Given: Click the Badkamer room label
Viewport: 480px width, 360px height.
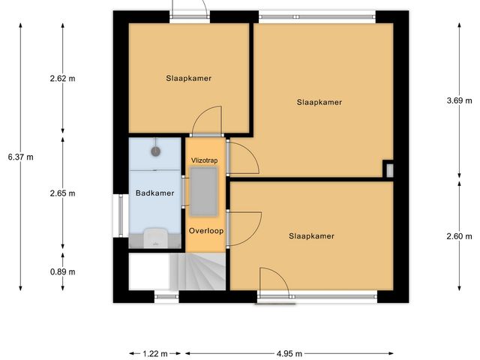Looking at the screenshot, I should [x=154, y=193].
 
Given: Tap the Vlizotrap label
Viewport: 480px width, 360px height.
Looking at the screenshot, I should [x=203, y=160].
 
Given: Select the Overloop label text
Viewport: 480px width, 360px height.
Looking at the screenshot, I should [x=204, y=230].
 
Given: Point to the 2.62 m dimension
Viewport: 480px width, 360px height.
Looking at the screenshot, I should [x=62, y=78].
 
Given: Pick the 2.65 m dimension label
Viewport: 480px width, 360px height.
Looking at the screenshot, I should [x=62, y=193].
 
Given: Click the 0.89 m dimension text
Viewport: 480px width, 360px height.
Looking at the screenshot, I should [x=62, y=272].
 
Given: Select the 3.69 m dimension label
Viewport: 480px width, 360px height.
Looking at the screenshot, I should [x=457, y=100].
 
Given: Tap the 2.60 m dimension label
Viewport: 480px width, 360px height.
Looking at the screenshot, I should [x=457, y=235].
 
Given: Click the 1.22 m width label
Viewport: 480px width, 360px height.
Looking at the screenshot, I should [x=154, y=353].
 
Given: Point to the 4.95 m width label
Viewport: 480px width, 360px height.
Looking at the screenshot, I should [x=289, y=353].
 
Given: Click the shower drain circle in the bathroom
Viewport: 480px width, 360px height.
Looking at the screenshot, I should [x=156, y=151].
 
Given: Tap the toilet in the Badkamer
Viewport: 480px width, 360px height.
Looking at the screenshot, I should [x=155, y=237].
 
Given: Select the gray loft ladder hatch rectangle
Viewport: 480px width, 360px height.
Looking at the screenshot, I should [x=203, y=190].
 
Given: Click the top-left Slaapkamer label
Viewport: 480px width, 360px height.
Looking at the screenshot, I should [x=188, y=78].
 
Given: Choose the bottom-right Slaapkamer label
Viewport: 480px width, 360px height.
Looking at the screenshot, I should [x=311, y=235].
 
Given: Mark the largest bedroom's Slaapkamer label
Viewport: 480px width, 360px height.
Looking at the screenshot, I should [x=319, y=102].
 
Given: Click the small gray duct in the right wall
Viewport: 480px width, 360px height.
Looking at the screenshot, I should [x=388, y=169].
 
